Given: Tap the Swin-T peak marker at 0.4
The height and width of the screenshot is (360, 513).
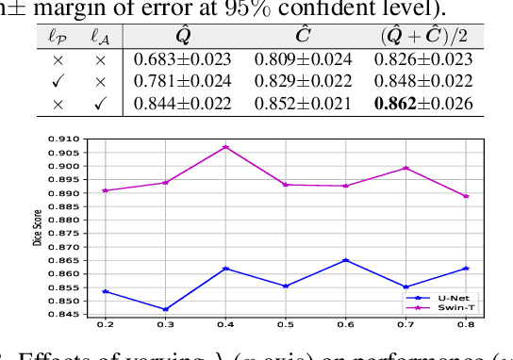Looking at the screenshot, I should (225, 147).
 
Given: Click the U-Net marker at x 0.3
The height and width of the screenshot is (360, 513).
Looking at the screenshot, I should (165, 309).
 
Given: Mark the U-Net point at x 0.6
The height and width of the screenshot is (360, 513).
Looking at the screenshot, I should (345, 260).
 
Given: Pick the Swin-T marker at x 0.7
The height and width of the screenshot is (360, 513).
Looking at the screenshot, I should (405, 168).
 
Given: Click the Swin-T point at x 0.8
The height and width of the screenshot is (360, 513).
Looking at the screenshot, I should (466, 196).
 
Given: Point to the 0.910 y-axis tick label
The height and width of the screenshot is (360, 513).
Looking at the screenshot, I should (68, 139).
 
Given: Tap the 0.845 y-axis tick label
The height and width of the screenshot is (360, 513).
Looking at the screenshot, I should (68, 315).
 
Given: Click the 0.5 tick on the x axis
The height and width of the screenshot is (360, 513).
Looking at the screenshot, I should (285, 326).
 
